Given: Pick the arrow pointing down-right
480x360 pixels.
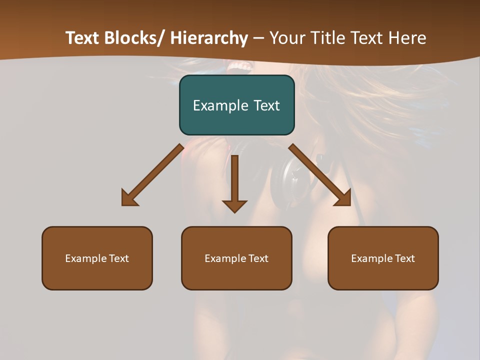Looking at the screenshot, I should coord(320,175).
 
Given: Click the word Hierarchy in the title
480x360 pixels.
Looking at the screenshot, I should coord(209,38).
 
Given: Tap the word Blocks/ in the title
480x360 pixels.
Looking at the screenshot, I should coord(133,38).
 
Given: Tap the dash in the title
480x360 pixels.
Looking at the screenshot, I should coord(258,38).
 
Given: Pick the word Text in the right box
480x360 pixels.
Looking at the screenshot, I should coord(404,258).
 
